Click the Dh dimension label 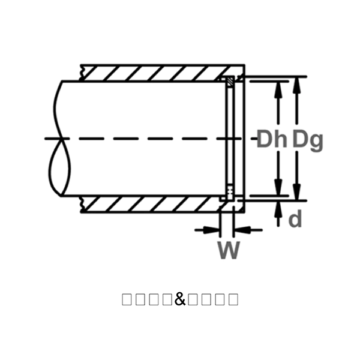point(272,139)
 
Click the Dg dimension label point(307,139)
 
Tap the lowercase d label point(295,220)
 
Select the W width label point(229,249)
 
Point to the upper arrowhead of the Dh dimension point(278,86)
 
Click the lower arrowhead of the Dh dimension point(278,187)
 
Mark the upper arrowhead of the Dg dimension point(296,82)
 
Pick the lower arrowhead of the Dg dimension point(296,193)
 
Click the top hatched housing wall point(156,73)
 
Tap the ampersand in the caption point(181,299)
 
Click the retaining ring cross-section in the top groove point(230,81)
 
